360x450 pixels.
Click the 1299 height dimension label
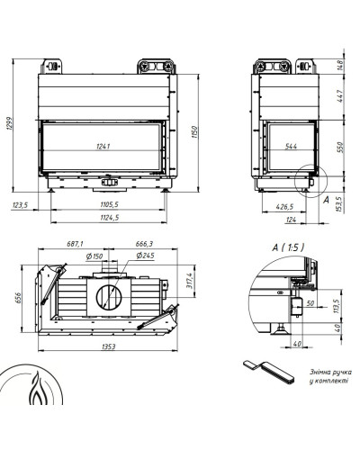[10, 123]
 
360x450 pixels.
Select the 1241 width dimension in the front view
[103, 147]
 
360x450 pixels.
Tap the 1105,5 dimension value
[110, 204]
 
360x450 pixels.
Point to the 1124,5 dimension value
[110, 217]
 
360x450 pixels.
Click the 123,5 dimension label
[20, 205]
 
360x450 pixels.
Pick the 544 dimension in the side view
[291, 147]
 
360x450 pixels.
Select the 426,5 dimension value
[284, 207]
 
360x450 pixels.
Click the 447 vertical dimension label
[340, 96]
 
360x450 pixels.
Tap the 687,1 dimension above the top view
[75, 244]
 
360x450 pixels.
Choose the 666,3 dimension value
[144, 244]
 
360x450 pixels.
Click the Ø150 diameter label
[94, 256]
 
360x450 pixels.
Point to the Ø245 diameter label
[145, 256]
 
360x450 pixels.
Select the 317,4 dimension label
[190, 281]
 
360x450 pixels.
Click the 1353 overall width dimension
[108, 346]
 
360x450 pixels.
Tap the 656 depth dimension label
[18, 298]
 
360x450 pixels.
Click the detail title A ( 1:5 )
[288, 247]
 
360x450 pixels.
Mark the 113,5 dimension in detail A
[337, 306]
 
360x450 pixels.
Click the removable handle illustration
[268, 372]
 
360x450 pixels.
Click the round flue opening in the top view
[109, 297]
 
